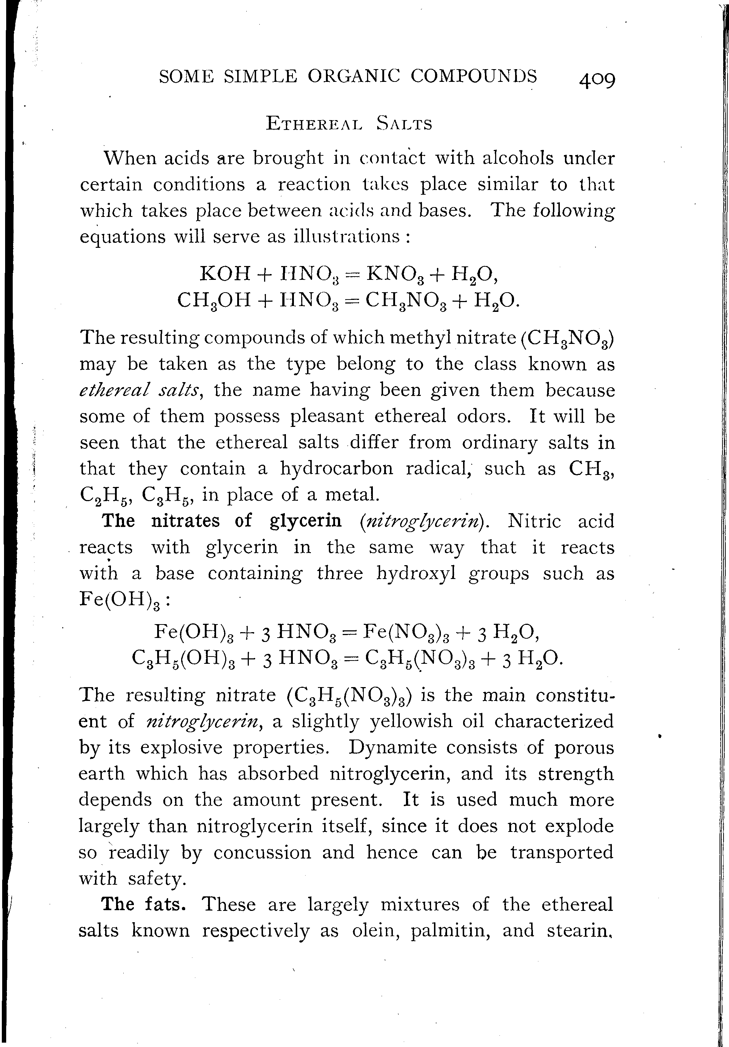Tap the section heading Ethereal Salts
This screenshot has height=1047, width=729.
(349, 124)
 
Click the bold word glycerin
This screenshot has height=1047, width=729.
(306, 520)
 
